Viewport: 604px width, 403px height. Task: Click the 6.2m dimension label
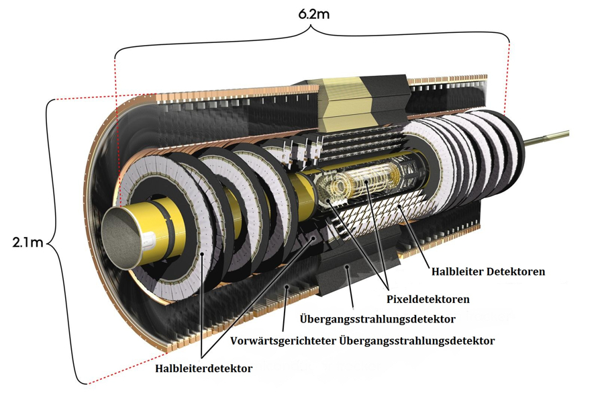click(314, 14)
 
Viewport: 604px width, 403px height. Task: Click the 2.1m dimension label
click(28, 242)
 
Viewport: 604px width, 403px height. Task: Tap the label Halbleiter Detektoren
click(488, 271)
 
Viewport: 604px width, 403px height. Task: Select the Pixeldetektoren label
click(428, 299)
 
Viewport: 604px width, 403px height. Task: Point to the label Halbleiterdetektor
click(204, 368)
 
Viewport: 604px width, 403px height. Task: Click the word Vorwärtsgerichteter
click(283, 341)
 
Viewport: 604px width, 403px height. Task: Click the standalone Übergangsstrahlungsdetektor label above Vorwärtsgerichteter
click(377, 319)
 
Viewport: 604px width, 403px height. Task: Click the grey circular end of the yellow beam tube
click(120, 237)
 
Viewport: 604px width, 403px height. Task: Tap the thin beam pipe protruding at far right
click(546, 136)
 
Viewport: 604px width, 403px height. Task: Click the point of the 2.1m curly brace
click(49, 243)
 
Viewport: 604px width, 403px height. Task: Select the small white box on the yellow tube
click(149, 240)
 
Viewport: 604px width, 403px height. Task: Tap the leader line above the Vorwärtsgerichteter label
click(285, 308)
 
